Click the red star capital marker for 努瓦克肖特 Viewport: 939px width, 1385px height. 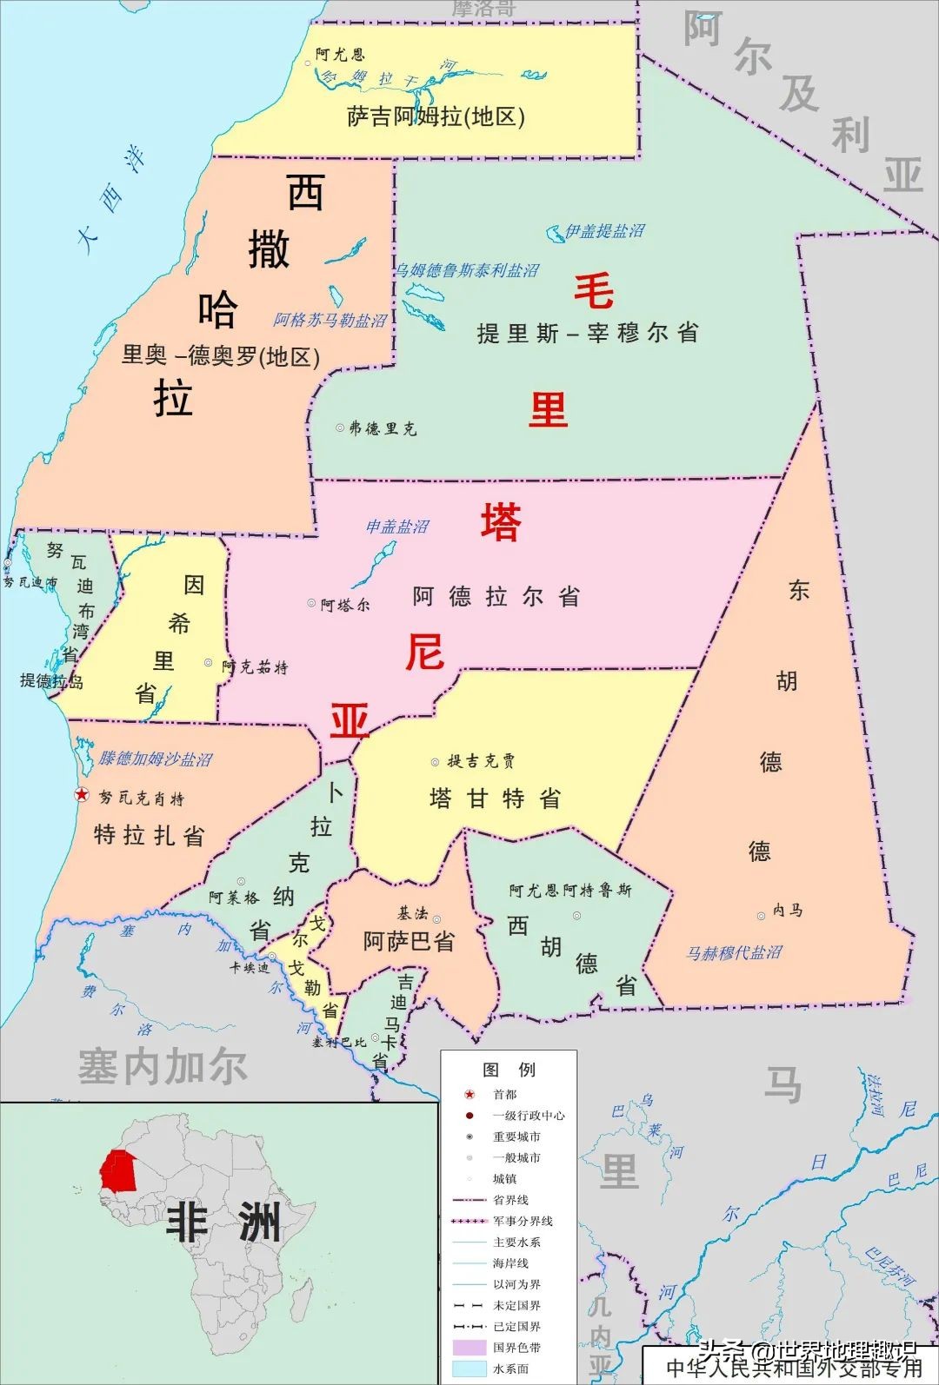tap(81, 794)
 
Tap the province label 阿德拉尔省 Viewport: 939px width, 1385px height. tap(496, 597)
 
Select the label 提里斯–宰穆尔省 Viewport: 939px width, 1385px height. tap(588, 333)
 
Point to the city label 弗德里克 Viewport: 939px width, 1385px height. tap(383, 428)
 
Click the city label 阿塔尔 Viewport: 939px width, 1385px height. tap(345, 605)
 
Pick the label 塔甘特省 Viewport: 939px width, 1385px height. tap(495, 799)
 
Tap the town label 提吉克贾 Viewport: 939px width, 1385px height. tap(481, 762)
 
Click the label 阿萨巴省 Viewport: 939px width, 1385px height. tap(409, 941)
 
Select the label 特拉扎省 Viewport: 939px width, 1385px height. tap(149, 836)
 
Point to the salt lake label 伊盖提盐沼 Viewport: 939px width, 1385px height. tap(605, 231)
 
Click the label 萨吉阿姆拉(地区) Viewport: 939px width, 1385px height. tap(436, 116)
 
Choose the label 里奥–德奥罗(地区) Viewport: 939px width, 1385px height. tap(221, 355)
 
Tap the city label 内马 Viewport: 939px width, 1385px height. tap(788, 911)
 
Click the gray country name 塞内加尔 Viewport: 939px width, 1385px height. tap(163, 1067)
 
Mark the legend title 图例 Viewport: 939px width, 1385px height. tap(509, 1070)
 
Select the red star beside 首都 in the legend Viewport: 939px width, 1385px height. tap(469, 1095)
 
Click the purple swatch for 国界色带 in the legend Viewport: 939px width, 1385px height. tap(469, 1348)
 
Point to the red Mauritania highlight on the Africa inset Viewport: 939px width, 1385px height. tap(117, 1170)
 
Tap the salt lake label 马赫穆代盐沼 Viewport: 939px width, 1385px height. tap(735, 953)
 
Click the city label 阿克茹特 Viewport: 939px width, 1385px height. tap(254, 667)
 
